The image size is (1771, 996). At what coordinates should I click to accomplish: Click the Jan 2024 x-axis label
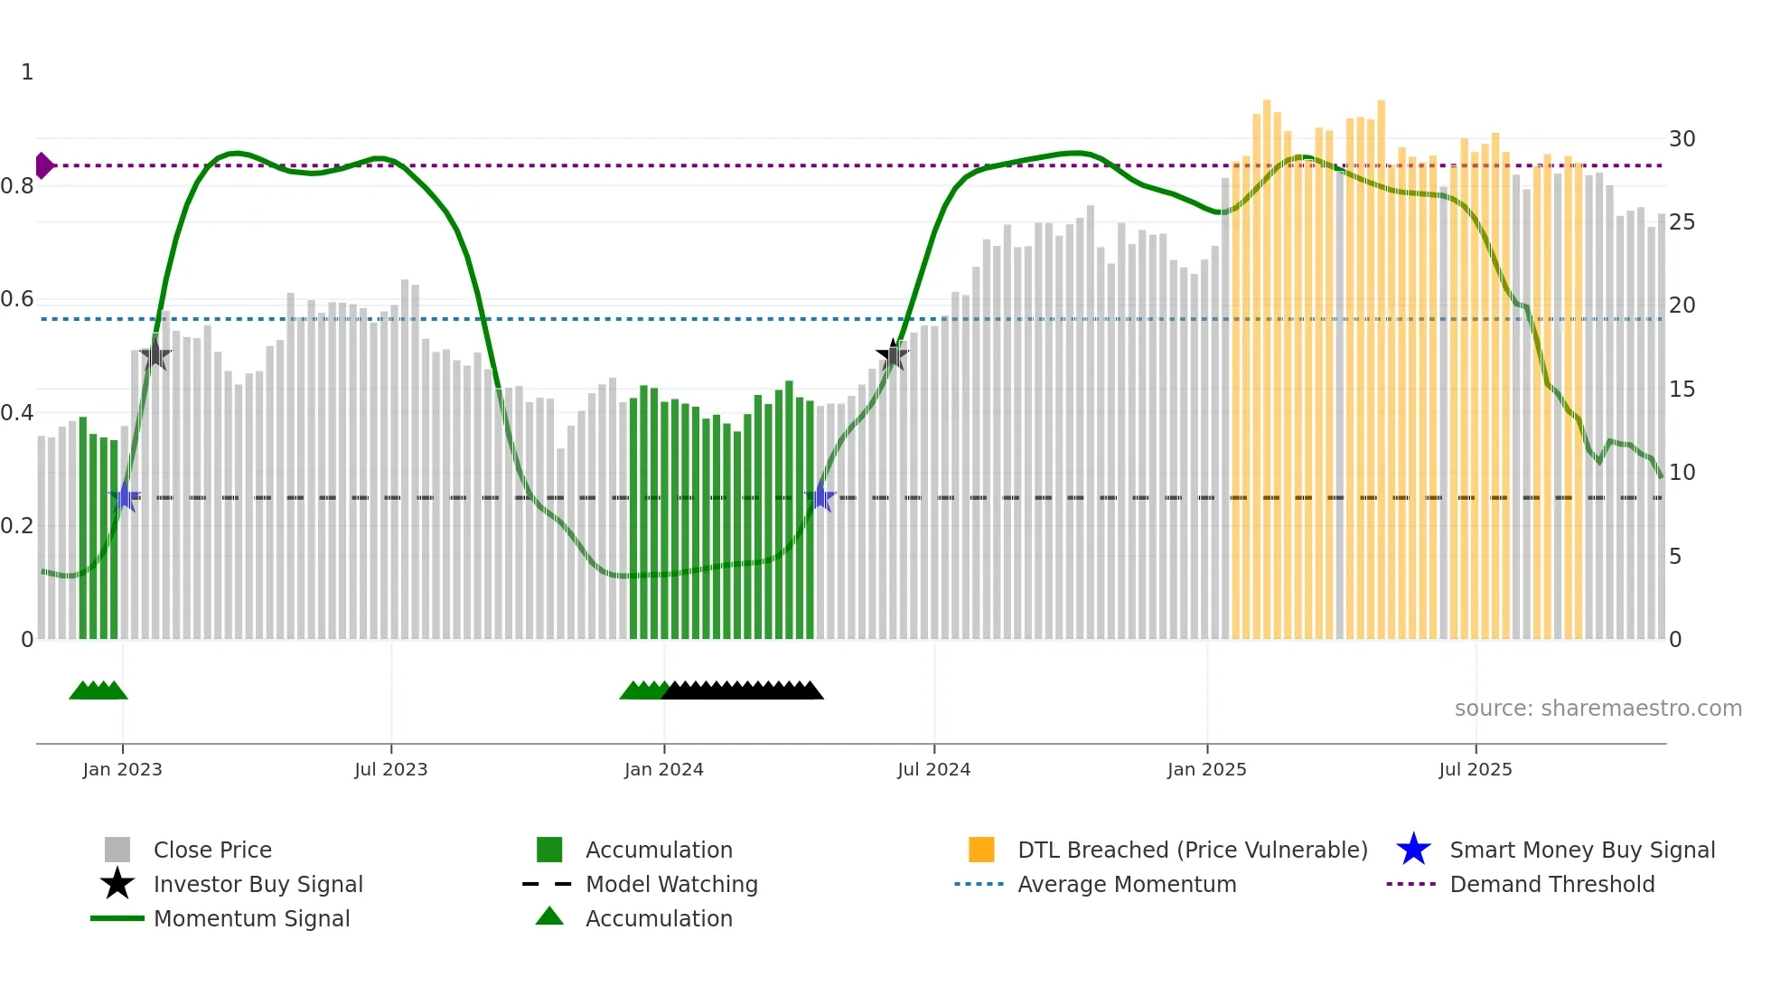click(663, 769)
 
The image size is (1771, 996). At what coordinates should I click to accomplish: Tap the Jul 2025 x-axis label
click(1475, 769)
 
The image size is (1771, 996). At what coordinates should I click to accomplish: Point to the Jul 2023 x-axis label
click(390, 769)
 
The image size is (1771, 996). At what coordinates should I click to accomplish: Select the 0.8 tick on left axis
click(17, 186)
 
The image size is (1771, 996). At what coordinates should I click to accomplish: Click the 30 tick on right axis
click(1682, 139)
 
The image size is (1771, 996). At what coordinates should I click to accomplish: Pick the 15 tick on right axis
click(1682, 390)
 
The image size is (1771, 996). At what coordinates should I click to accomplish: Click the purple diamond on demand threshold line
click(43, 165)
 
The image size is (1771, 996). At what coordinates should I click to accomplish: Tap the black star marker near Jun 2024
click(893, 355)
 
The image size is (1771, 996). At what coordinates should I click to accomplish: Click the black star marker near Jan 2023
click(155, 353)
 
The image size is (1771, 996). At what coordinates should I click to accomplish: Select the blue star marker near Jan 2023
click(126, 497)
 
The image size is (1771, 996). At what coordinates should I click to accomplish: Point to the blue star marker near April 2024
click(820, 496)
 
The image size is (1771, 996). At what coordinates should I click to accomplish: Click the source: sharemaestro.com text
click(1598, 709)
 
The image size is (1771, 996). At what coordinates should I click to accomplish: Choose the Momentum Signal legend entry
click(251, 918)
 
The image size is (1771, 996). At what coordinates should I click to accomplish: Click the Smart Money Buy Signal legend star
click(1413, 850)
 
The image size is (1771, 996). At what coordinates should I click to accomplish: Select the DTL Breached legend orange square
click(981, 850)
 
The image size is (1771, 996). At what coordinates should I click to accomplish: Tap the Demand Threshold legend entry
click(1551, 884)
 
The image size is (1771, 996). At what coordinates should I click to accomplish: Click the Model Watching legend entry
click(670, 884)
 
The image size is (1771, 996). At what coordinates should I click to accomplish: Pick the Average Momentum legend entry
click(1126, 884)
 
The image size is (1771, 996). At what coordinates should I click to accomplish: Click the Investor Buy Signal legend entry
click(258, 884)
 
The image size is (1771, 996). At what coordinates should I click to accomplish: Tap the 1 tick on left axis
click(27, 72)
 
